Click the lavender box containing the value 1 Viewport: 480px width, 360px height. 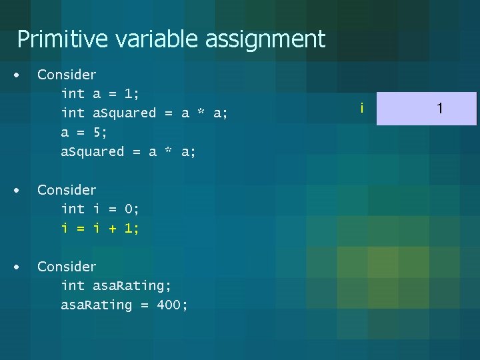pos(427,109)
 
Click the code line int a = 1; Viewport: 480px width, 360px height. pos(100,94)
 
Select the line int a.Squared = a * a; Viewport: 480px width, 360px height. pos(144,113)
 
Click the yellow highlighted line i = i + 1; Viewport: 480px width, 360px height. pos(100,229)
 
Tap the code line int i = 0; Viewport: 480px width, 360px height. pos(100,209)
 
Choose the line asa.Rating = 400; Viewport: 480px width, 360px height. pos(124,305)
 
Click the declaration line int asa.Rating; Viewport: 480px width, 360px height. pos(116,286)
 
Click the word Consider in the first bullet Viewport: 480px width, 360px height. pos(67,75)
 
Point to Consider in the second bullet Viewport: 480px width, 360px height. pos(67,190)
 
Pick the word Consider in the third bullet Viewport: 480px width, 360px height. pos(67,267)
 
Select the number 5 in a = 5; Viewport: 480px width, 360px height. pos(97,133)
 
